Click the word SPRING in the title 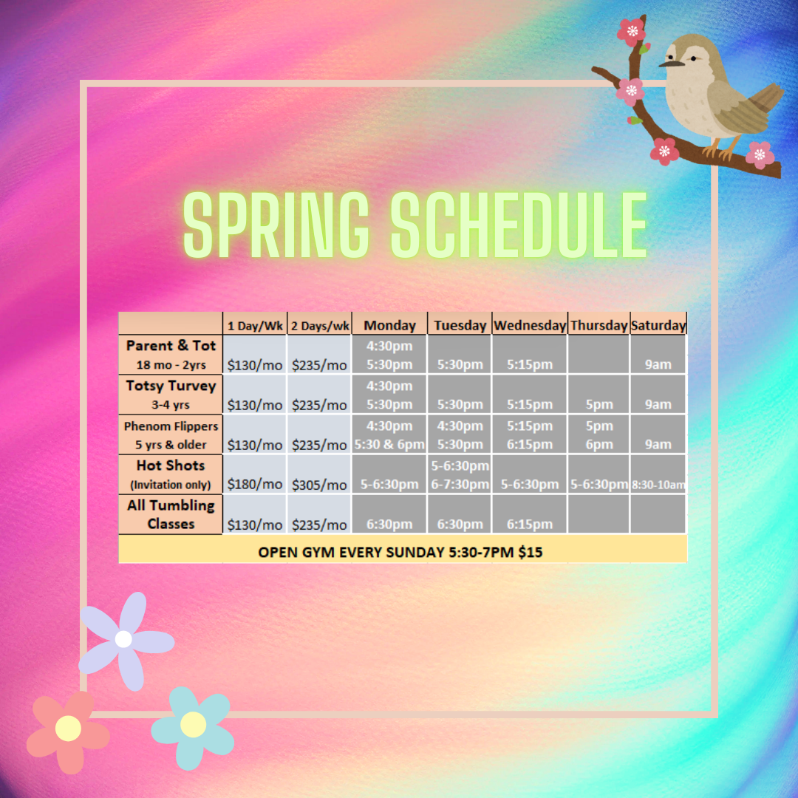point(276,225)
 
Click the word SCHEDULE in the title point(519,225)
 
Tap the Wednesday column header point(530,325)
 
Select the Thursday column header point(599,325)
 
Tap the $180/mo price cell point(254,484)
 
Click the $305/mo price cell point(319,485)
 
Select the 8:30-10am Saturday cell point(658,485)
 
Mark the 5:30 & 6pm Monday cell point(389,444)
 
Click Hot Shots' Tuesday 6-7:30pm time point(460,484)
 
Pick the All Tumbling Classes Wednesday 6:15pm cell point(530,524)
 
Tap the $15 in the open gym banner point(531,552)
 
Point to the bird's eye point(692,59)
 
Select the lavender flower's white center point(123,638)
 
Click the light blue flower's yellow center point(193,724)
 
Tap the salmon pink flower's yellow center point(68,729)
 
